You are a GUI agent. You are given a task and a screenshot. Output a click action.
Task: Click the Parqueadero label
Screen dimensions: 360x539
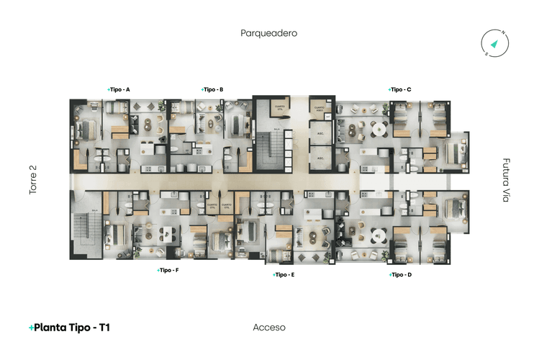[x=269, y=33]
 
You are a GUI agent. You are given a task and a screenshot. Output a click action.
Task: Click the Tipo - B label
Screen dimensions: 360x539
[x=212, y=89]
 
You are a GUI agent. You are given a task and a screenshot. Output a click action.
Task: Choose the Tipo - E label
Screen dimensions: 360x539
[x=284, y=274]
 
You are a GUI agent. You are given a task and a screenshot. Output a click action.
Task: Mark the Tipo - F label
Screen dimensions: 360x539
[x=168, y=270]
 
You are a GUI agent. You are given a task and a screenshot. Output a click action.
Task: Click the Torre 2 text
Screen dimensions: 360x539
[x=32, y=180]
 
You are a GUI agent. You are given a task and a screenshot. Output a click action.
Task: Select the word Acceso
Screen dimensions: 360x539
[x=269, y=328]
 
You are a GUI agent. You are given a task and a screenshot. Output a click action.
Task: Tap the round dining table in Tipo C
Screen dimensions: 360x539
[x=377, y=130]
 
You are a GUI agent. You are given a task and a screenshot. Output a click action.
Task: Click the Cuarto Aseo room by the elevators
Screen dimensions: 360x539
[x=319, y=110]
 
